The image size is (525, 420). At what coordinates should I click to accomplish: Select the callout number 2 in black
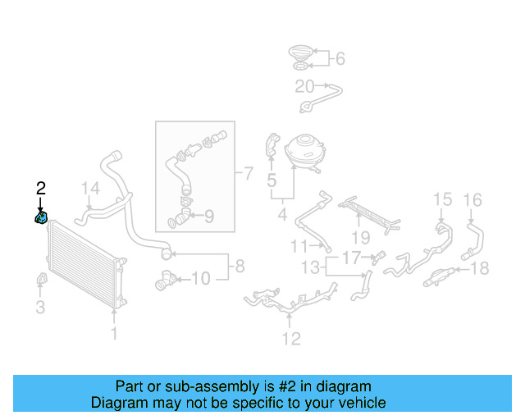tap(41, 189)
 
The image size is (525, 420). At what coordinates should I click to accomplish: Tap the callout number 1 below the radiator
tap(114, 333)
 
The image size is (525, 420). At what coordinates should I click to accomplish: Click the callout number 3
tap(39, 308)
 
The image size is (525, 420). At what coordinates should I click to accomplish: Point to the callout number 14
tap(89, 190)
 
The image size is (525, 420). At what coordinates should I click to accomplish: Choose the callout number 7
tap(247, 173)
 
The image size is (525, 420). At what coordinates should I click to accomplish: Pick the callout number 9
tap(208, 217)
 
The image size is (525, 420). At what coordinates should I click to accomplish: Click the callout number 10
tap(201, 279)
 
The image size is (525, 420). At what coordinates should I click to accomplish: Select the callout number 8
tap(239, 266)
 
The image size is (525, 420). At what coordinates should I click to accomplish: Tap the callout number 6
tap(340, 58)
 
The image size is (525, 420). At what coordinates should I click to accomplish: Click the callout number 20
tap(304, 86)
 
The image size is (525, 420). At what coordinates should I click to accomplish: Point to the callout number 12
tap(291, 338)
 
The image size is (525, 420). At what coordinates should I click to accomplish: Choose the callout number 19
tap(361, 238)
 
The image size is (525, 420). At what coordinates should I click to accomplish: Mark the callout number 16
tap(472, 199)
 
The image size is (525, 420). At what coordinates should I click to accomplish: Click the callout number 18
tap(480, 267)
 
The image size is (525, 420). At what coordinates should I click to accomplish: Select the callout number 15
tap(442, 199)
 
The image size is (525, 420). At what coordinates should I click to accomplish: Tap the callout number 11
tap(299, 245)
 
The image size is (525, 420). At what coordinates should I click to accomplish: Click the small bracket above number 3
tap(39, 281)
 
